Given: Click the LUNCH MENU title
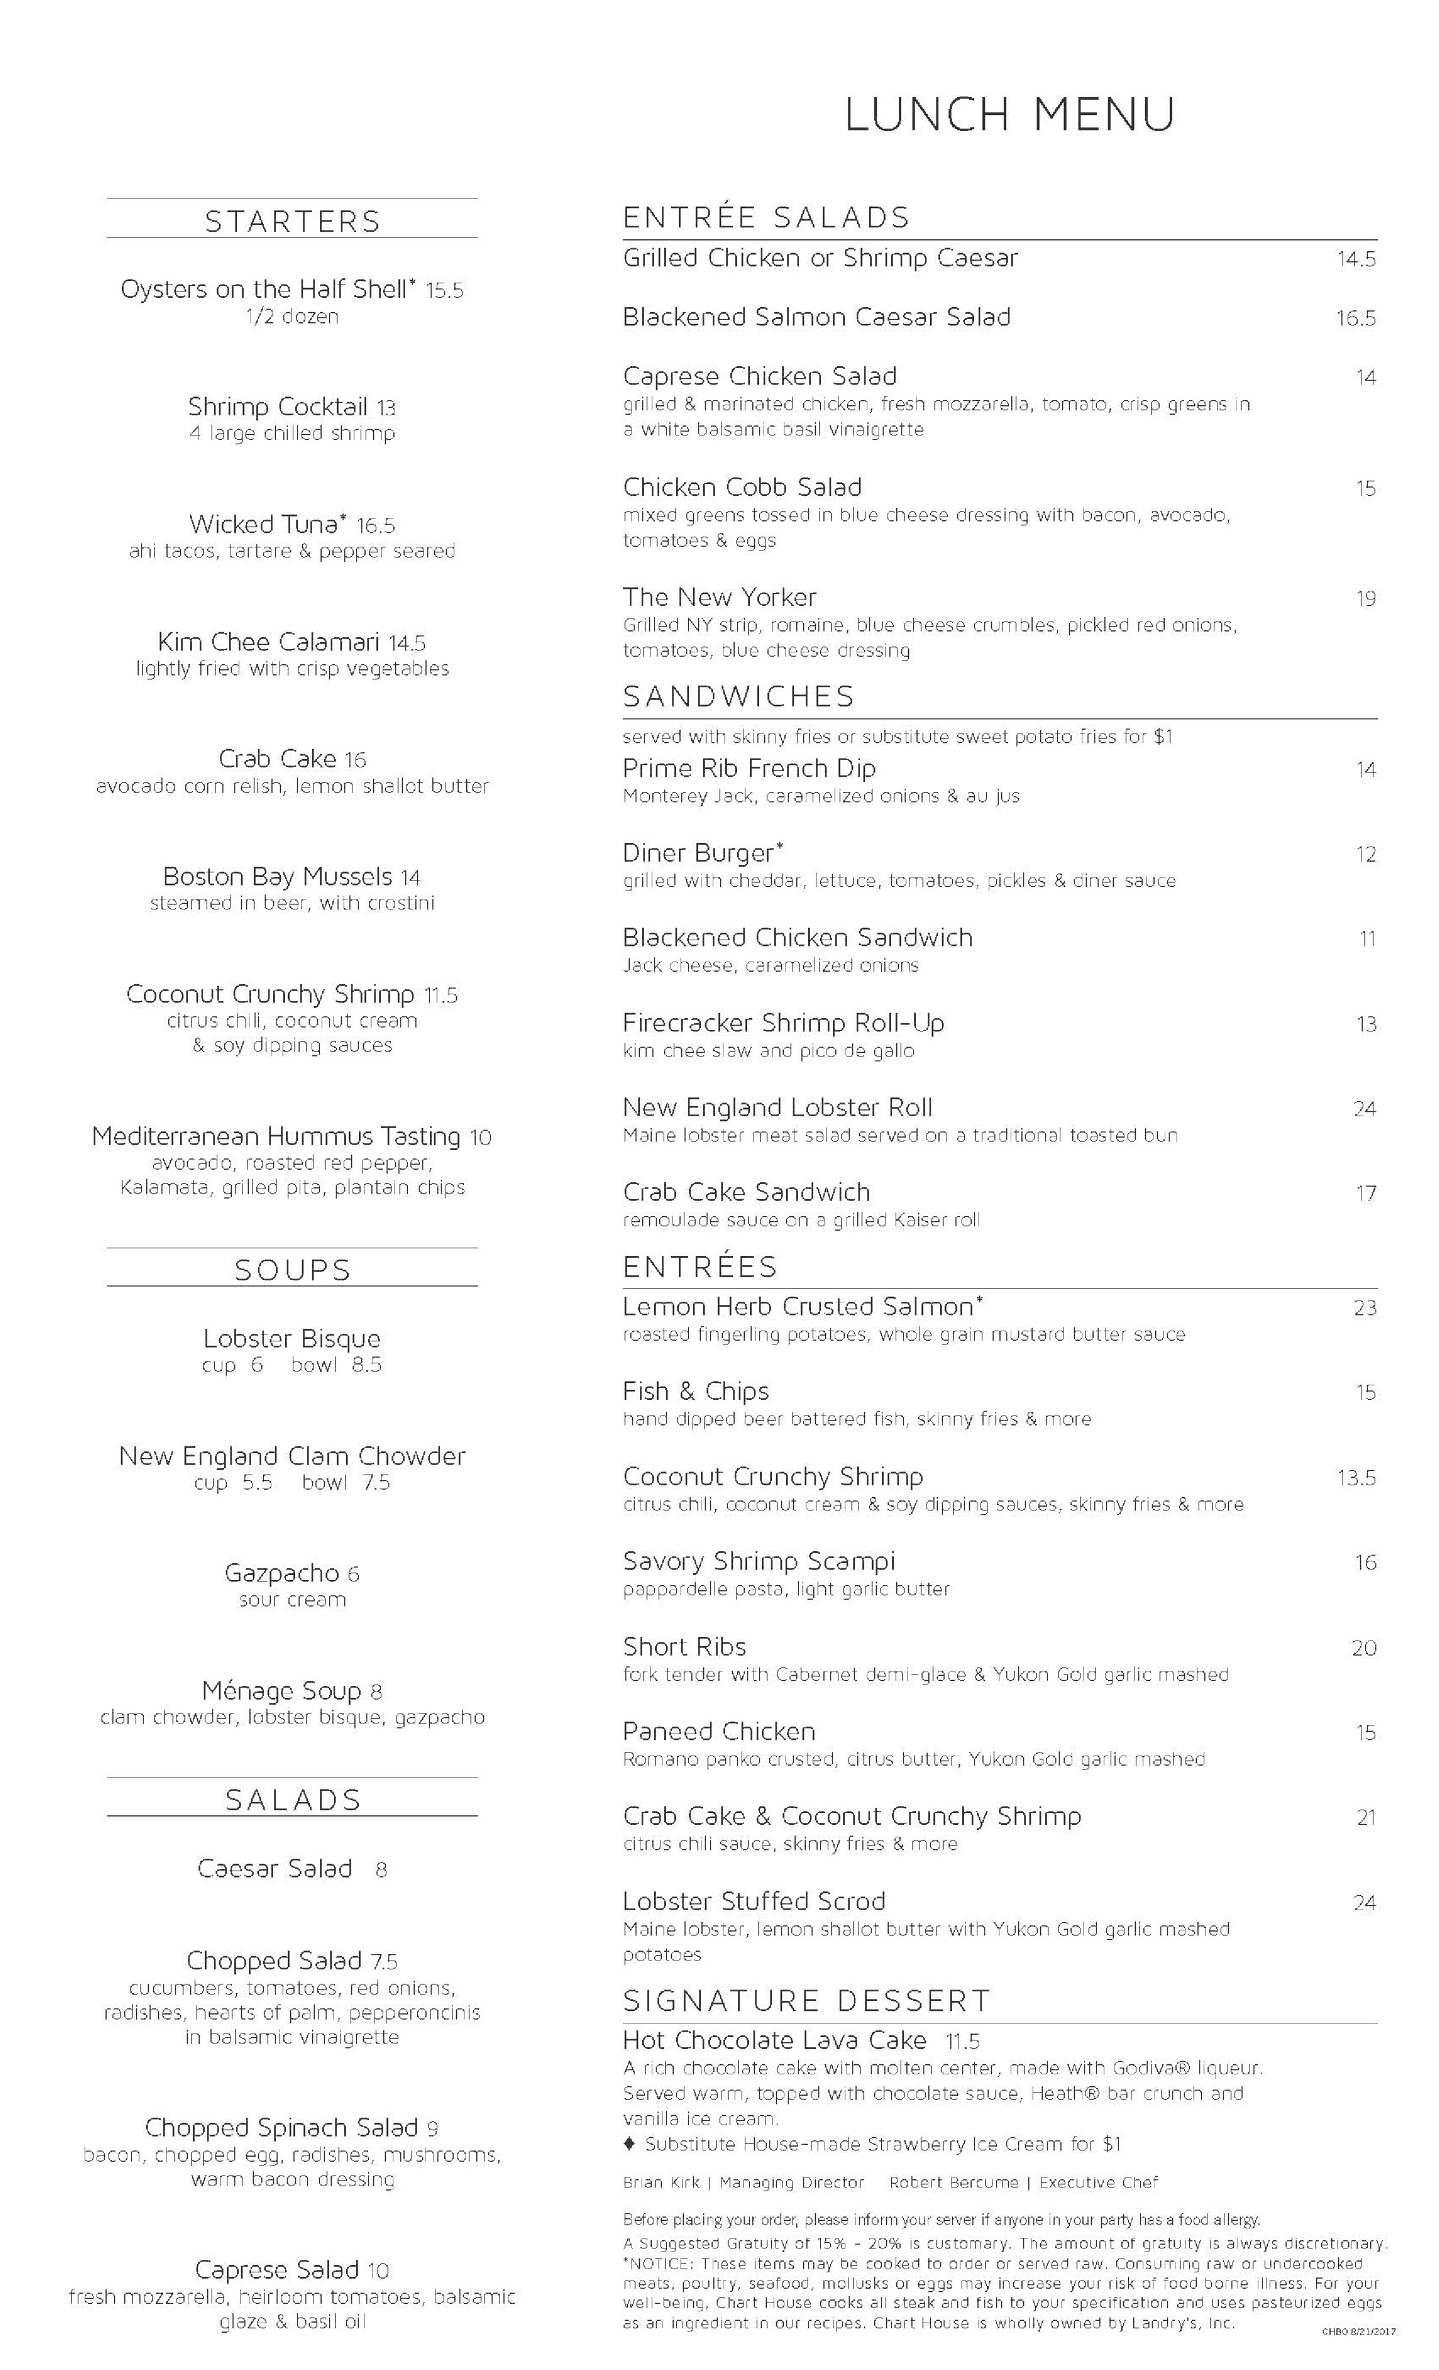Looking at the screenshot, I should [1009, 114].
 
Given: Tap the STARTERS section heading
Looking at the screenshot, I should [293, 221].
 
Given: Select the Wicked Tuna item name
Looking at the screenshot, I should [267, 524].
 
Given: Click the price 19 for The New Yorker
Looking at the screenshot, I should [1365, 599].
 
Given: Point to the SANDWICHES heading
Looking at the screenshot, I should [738, 696].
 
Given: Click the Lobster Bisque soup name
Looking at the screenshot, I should [291, 1338].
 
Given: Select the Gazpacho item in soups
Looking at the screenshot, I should [281, 1572].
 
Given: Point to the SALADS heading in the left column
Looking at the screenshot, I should [293, 1799].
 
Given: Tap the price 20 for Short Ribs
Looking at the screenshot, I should [1364, 1648].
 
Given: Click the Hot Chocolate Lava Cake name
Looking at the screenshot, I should [774, 2040].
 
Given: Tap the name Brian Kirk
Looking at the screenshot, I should [661, 2182].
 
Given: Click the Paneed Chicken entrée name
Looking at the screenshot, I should [719, 1731].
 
